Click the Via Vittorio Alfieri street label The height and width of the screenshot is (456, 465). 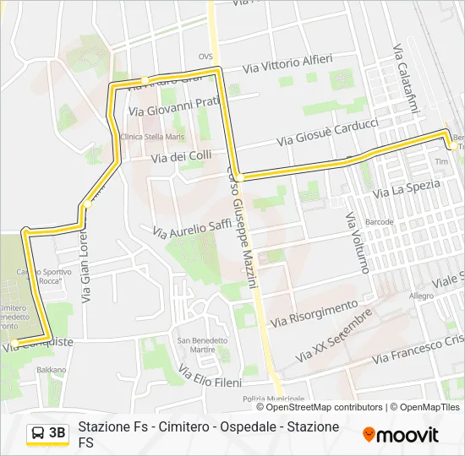[287, 63]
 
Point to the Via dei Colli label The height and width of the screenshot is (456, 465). [181, 156]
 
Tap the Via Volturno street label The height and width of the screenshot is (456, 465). [357, 242]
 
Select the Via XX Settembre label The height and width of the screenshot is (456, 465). [336, 338]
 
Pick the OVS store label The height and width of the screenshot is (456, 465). [205, 57]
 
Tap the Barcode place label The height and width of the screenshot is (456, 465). [380, 222]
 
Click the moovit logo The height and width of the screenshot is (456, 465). [400, 435]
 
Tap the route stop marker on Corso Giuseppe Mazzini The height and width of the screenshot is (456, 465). [239, 177]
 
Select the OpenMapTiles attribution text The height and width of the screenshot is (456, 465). [426, 407]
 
